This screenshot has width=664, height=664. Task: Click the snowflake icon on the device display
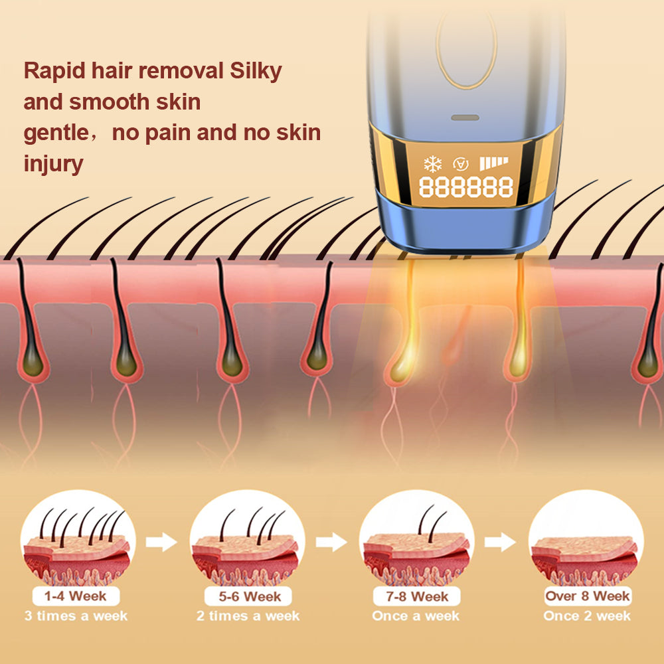(x=432, y=163)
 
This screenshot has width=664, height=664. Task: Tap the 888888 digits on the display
(x=465, y=188)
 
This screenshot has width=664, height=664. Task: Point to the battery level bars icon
(x=493, y=163)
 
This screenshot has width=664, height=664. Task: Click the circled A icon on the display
(x=459, y=163)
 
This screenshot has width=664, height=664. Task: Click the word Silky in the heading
(x=255, y=71)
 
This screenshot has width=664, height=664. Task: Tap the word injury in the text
(x=53, y=163)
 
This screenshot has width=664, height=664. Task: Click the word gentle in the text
(x=55, y=132)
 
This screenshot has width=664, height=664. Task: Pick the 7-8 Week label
(x=416, y=596)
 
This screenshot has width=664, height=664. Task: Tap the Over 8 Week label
(x=587, y=596)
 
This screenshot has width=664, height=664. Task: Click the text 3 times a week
(x=76, y=616)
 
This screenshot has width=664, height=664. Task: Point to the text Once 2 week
(x=586, y=616)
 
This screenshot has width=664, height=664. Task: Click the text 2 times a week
(x=248, y=616)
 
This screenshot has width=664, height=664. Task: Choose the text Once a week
(x=416, y=616)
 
